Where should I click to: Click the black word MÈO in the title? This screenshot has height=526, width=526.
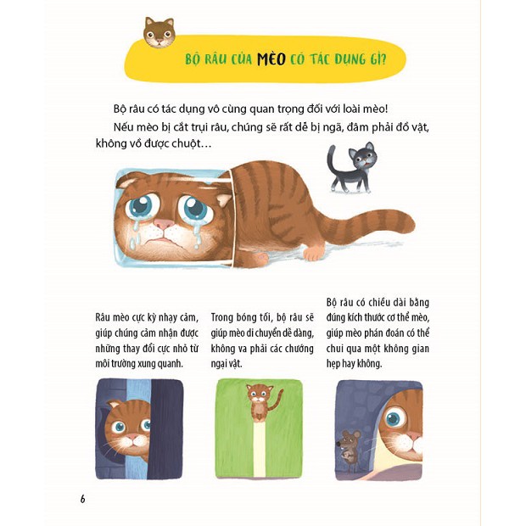tap(271, 59)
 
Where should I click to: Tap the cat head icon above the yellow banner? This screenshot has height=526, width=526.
tap(159, 32)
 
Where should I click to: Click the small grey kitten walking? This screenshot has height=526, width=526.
tap(352, 167)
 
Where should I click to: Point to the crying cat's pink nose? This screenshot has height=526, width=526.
tap(164, 224)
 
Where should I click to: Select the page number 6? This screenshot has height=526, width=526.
tap(82, 499)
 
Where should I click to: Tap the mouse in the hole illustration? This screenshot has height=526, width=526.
tap(349, 450)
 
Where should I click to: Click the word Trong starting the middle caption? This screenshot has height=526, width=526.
tap(222, 317)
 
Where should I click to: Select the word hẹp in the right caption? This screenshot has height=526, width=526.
tap(333, 364)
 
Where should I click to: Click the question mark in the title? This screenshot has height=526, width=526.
tap(383, 59)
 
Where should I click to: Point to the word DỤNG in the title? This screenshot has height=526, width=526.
tap(350, 59)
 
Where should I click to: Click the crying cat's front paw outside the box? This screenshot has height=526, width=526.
tap(314, 254)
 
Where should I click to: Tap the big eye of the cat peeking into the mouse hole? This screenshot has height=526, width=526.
tap(393, 419)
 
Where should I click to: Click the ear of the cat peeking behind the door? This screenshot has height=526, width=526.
tap(115, 404)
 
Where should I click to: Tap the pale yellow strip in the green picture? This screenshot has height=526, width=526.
tap(260, 450)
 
